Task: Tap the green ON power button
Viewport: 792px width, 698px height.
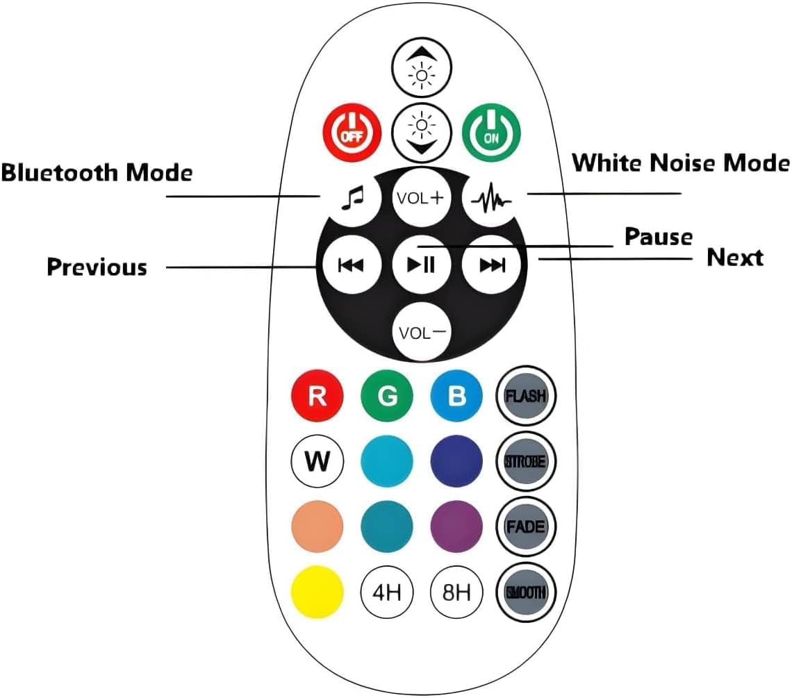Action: (x=492, y=131)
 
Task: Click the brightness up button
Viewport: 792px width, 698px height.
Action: (x=422, y=67)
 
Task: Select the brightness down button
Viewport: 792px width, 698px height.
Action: (x=422, y=132)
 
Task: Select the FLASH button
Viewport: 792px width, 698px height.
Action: (x=526, y=396)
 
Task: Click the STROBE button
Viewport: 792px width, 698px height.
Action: (x=526, y=460)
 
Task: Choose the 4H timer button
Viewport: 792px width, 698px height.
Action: (x=387, y=592)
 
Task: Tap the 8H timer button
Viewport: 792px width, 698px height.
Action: (x=456, y=592)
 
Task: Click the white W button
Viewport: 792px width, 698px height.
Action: (x=317, y=461)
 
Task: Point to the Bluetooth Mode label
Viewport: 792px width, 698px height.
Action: (x=97, y=172)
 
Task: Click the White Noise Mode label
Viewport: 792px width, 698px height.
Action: (x=681, y=163)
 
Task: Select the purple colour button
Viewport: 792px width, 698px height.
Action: (x=456, y=526)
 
